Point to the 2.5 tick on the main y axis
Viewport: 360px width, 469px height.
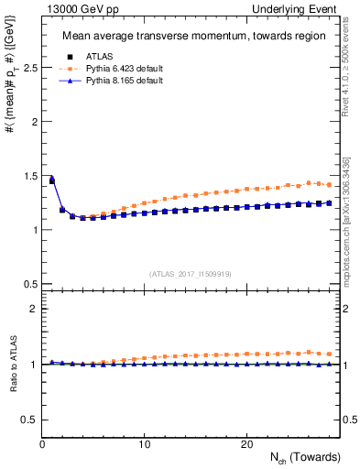click(x=29, y=68)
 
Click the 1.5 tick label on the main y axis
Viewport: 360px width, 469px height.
click(x=29, y=176)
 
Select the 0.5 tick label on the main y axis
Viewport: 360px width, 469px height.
click(x=29, y=284)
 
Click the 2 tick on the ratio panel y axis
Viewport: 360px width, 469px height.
click(x=33, y=310)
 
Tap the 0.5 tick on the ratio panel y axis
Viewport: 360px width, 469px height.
click(x=29, y=420)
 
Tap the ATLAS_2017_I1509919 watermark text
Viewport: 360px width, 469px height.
click(x=191, y=273)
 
